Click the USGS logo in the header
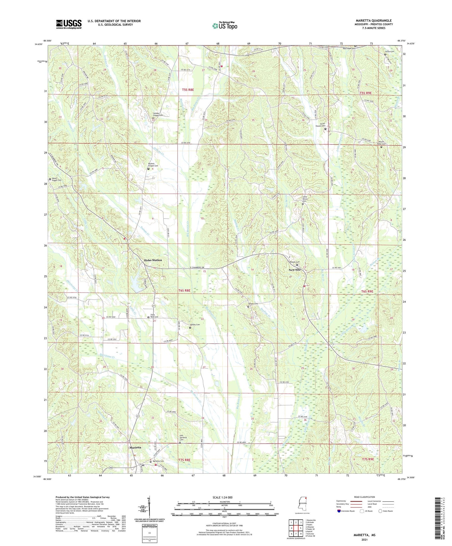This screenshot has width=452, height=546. click(69, 24)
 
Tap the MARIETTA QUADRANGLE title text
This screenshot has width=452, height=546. click(373, 21)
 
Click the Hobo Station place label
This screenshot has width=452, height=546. click(153, 260)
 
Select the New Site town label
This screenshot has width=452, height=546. click(294, 270)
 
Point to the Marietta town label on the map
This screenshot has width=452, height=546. click(135, 447)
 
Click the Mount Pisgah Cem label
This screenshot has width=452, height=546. click(57, 180)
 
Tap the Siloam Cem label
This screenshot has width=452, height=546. click(253, 304)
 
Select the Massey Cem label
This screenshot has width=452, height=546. click(195, 325)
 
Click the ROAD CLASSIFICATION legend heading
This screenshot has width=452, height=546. click(364, 497)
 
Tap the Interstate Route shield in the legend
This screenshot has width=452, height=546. click(339, 511)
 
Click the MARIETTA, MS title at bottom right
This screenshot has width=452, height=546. click(364, 535)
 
